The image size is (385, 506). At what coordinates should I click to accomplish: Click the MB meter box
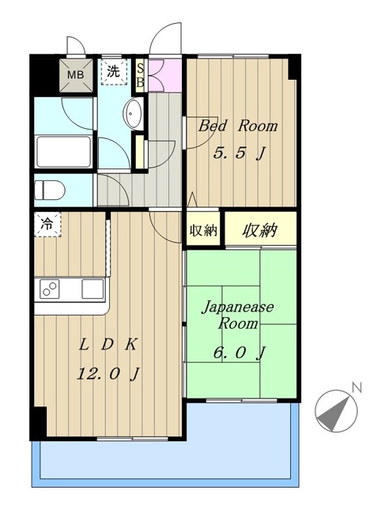[x=76, y=76]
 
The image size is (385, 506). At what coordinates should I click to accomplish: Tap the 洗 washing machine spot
[x=115, y=71]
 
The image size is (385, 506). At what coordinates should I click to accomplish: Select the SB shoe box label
[x=141, y=74]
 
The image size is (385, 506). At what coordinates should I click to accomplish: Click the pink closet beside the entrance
[x=163, y=74]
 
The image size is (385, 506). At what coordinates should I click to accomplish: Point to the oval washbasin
[x=132, y=114]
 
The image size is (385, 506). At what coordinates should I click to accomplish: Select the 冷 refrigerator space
[x=47, y=225]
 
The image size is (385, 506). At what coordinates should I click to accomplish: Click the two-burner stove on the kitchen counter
[x=49, y=289]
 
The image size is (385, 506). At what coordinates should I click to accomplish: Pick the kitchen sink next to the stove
[x=92, y=289]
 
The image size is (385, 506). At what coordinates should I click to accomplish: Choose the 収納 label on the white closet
[x=203, y=231]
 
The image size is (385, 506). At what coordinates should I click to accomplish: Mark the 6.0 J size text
[x=238, y=353]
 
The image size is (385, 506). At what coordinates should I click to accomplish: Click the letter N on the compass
[x=357, y=387]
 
